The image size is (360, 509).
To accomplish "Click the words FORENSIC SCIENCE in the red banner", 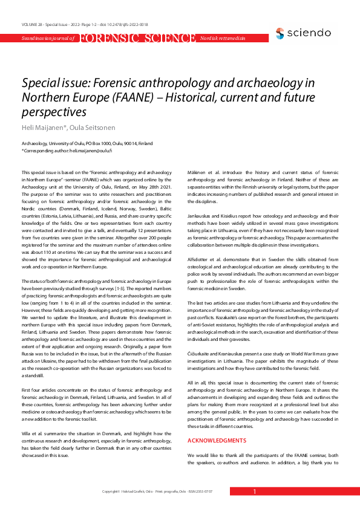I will point(137,38).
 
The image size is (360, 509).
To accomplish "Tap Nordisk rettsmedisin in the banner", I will point(223,38).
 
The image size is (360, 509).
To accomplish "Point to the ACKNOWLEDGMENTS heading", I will point(217,424).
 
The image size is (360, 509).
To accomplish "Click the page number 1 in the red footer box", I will point(255,492).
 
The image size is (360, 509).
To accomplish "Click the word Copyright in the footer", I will point(112,492).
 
